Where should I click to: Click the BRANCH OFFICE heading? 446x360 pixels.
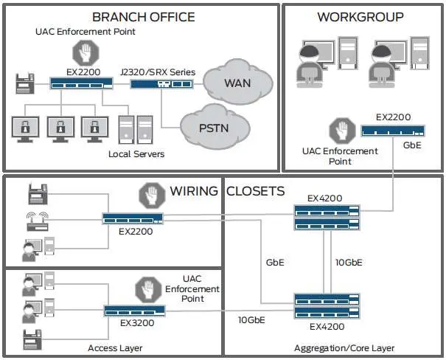(143, 16)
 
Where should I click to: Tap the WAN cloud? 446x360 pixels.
(237, 81)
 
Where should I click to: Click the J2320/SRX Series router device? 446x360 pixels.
(161, 84)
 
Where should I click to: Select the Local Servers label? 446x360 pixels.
(136, 154)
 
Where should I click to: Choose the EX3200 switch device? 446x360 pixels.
(129, 311)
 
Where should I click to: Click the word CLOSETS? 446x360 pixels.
(255, 191)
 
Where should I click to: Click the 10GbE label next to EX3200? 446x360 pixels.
(252, 320)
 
